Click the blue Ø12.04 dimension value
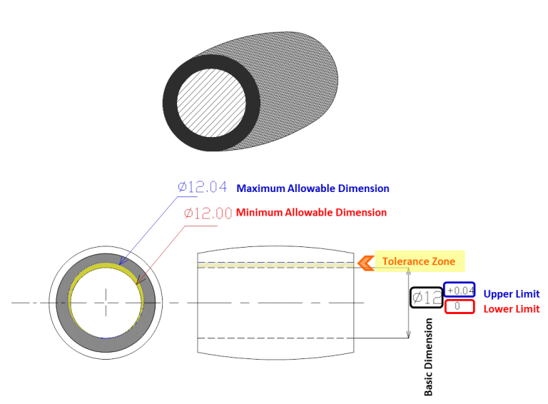tap(203, 187)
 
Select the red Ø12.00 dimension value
tap(208, 213)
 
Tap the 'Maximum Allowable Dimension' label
tap(313, 188)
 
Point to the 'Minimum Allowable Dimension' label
tap(311, 213)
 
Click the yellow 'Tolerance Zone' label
tap(419, 261)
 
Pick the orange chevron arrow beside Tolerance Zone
tap(365, 263)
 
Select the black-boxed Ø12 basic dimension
tap(427, 298)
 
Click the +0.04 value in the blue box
tap(460, 290)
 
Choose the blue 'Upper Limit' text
tap(512, 294)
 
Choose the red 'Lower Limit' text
tap(512, 309)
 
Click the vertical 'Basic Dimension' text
tap(428, 357)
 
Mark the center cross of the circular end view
tap(106, 303)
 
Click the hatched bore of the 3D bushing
tap(211, 103)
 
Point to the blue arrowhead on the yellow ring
tap(122, 261)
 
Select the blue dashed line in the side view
tap(275, 262)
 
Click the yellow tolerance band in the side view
tap(275, 266)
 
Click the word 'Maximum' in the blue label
tap(260, 188)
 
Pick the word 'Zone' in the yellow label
tap(445, 261)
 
